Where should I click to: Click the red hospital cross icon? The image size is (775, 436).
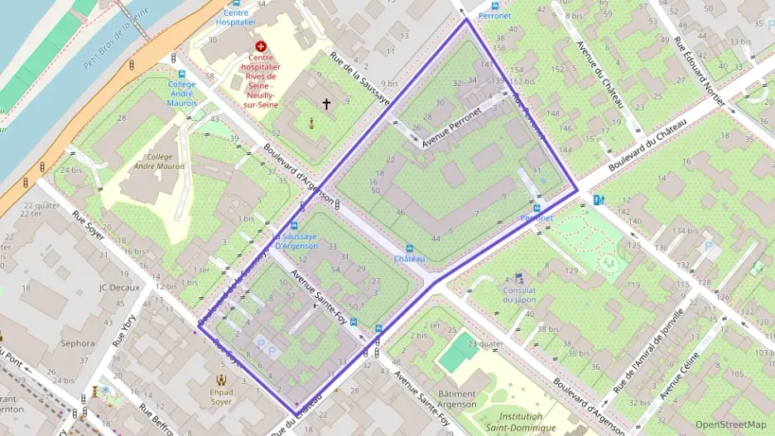point(262,47)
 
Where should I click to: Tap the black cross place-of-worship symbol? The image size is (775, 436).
point(326,104)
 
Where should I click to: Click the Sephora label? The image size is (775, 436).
point(78,343)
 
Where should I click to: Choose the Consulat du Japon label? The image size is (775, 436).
point(519,295)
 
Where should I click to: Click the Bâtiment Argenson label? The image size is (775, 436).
point(457,399)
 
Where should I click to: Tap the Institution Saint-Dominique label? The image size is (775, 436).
point(514,422)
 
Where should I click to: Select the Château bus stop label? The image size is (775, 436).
point(409,259)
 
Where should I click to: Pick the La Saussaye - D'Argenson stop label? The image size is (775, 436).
point(295,241)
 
